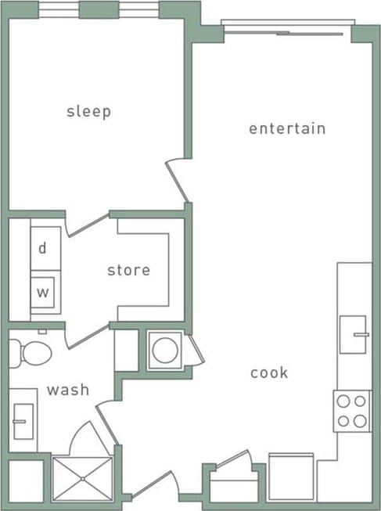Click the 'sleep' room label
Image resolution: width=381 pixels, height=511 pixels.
point(88,111)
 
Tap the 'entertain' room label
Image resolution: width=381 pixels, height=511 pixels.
point(287,128)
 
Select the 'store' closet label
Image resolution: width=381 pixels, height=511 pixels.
point(128,270)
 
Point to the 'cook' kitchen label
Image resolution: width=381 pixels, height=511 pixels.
point(269,372)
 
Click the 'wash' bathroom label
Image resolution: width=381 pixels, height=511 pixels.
point(67,389)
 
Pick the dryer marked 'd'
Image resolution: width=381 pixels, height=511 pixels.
point(45,248)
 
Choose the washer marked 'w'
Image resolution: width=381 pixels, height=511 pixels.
point(45,293)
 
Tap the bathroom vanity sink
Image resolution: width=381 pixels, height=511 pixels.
point(23,421)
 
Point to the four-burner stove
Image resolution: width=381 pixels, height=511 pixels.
point(351,410)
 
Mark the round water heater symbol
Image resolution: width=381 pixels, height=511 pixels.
point(165,350)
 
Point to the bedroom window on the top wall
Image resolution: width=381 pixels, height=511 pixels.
point(99,9)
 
